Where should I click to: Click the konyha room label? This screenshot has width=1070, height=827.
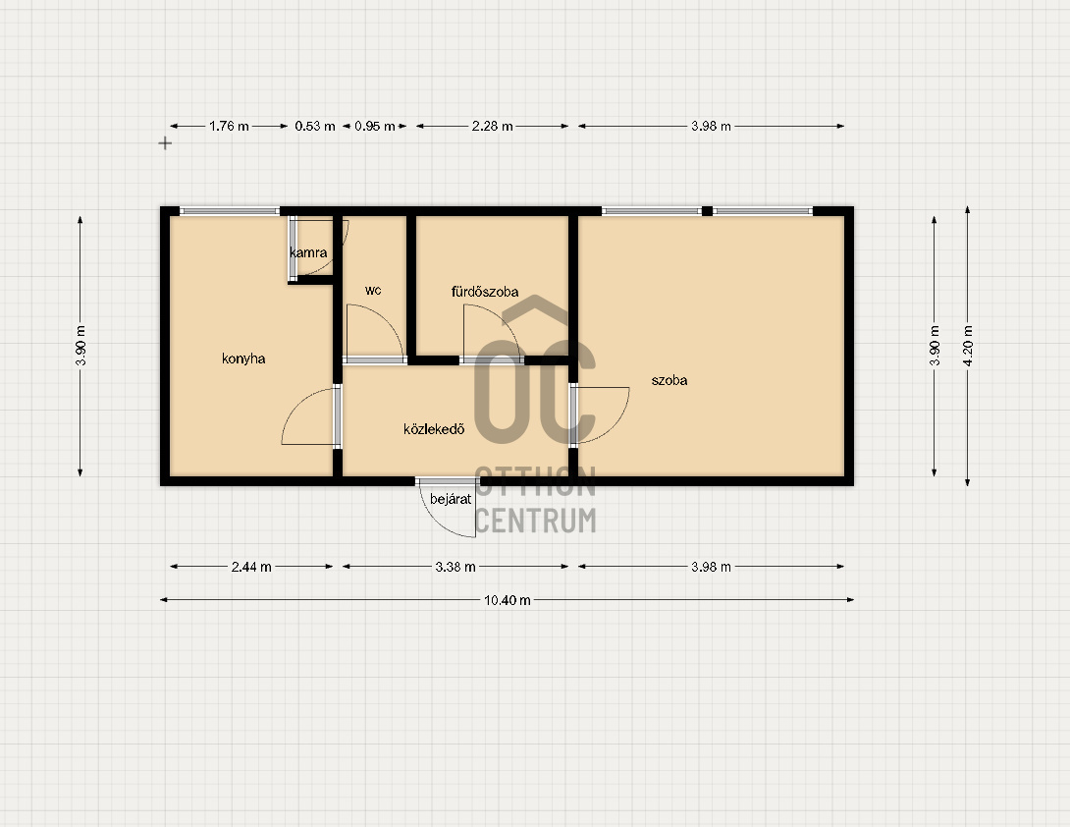pyautogui.click(x=243, y=358)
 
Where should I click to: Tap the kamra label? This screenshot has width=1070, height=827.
pyautogui.click(x=308, y=252)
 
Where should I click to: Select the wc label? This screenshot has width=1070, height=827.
pyautogui.click(x=373, y=290)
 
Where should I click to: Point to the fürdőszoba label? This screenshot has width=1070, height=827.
pyautogui.click(x=485, y=292)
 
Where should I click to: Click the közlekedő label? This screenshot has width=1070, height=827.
pyautogui.click(x=434, y=429)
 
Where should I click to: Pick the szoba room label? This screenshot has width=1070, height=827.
pyautogui.click(x=669, y=380)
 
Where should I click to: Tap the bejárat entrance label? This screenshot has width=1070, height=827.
pyautogui.click(x=451, y=499)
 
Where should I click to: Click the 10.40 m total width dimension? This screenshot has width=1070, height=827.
pyautogui.click(x=507, y=600)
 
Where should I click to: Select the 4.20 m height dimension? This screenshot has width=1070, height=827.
pyautogui.click(x=968, y=346)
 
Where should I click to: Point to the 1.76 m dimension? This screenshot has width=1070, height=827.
pyautogui.click(x=229, y=127)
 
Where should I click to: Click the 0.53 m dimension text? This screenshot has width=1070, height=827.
pyautogui.click(x=315, y=127)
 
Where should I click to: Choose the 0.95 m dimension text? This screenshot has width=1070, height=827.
pyautogui.click(x=375, y=127)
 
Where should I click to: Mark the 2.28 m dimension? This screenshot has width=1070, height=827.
pyautogui.click(x=492, y=127)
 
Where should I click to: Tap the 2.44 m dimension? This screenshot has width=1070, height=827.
pyautogui.click(x=251, y=567)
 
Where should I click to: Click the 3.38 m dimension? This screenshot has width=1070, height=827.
pyautogui.click(x=455, y=567)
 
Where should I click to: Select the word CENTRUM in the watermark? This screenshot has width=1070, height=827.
pyautogui.click(x=535, y=521)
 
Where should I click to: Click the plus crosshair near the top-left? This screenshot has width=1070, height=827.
pyautogui.click(x=165, y=143)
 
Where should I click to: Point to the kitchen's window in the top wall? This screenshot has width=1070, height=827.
pyautogui.click(x=230, y=211)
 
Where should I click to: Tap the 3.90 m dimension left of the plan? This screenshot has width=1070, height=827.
pyautogui.click(x=80, y=346)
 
